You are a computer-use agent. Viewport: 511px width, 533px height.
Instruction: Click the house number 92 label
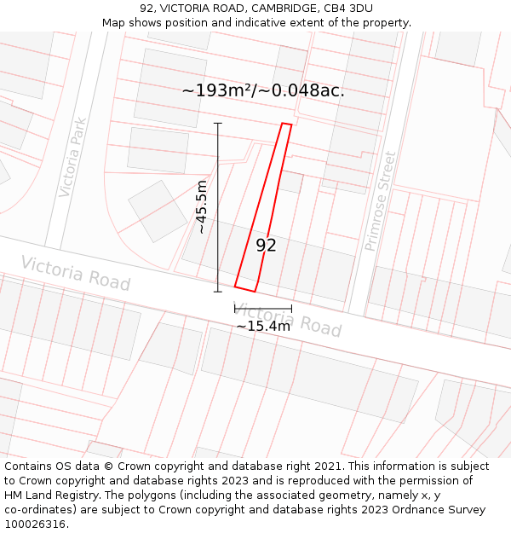[x=266, y=246]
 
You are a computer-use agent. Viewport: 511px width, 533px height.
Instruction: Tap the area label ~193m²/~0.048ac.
[x=263, y=90]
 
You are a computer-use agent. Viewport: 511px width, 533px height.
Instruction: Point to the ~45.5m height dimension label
[x=201, y=207]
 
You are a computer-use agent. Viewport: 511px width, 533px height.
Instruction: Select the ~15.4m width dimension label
[x=263, y=326]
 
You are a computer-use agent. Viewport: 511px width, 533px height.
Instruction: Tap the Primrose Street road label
[x=380, y=201]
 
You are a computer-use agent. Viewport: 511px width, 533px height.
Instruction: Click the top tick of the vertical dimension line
[x=218, y=124]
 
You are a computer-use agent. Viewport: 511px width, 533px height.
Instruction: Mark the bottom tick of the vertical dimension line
[x=218, y=292]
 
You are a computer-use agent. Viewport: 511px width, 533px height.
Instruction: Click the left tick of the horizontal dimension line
[x=235, y=309]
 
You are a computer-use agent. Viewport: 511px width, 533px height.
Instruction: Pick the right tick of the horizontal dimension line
[x=291, y=309]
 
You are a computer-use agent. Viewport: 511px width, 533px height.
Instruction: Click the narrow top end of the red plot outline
[x=287, y=125]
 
